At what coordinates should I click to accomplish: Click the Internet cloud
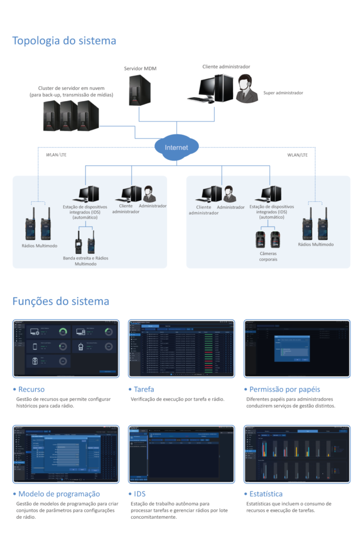pyautogui.click(x=177, y=147)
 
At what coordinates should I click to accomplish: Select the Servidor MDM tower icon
pyautogui.click(x=139, y=90)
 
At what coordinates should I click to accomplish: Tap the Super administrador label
pyautogui.click(x=283, y=93)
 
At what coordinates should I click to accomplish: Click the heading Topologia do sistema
pyautogui.click(x=64, y=41)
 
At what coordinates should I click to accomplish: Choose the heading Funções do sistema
pyautogui.click(x=61, y=301)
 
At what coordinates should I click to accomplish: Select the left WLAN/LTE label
pyautogui.click(x=53, y=155)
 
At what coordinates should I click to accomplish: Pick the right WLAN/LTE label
pyautogui.click(x=298, y=155)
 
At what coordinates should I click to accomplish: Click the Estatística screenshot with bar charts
pyautogui.click(x=297, y=454)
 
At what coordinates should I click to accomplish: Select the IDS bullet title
pyautogui.click(x=140, y=494)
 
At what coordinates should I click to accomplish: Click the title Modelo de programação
pyautogui.click(x=59, y=494)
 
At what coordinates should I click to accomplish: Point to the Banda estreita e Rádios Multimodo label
pyautogui.click(x=85, y=261)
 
